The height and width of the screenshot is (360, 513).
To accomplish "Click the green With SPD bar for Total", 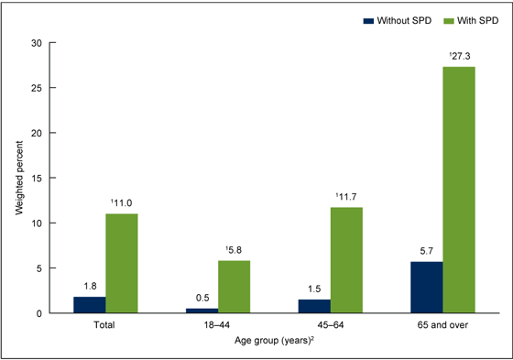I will click(x=120, y=264).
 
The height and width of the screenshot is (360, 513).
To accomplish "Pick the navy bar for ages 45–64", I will click(x=315, y=306).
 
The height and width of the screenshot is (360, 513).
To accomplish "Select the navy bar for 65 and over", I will click(x=427, y=288).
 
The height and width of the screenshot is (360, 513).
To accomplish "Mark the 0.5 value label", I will click(x=202, y=299).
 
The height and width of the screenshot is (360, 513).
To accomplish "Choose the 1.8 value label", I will click(x=90, y=287).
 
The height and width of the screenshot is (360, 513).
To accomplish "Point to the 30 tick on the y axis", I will click(x=37, y=43).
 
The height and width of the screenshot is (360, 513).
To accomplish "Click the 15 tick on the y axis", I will click(x=37, y=178).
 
